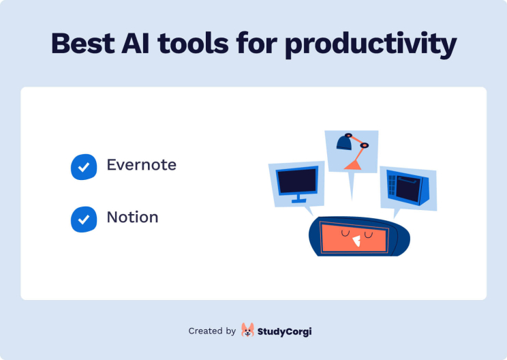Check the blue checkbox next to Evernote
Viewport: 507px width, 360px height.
coord(84,166)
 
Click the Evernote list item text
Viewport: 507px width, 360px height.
coord(141,165)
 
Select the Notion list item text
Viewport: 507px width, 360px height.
coord(132,217)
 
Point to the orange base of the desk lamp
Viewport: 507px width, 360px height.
coord(353,166)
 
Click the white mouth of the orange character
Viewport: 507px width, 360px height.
coord(356,240)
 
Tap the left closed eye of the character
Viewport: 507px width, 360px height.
coord(346,233)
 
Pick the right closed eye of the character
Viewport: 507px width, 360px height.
coord(369,234)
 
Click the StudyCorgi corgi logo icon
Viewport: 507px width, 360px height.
coord(247,331)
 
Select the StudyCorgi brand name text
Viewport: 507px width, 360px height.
coord(285,331)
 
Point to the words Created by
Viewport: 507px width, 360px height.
coord(212,331)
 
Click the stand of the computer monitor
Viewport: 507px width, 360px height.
coord(298,198)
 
